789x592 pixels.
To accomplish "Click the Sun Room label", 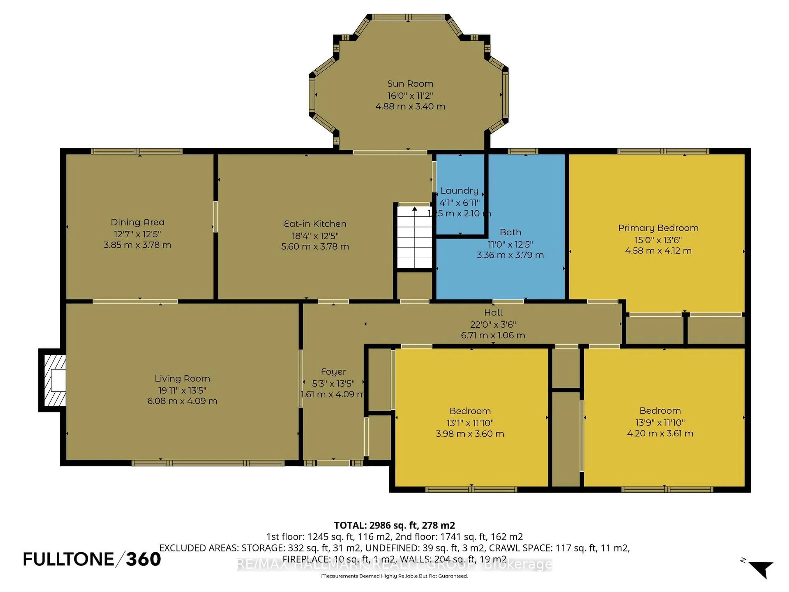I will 410,84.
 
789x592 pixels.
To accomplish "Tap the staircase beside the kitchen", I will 414,237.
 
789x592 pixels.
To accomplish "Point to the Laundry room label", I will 459,191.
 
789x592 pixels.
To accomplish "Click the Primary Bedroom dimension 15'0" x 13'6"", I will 658,240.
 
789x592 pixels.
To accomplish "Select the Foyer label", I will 333,372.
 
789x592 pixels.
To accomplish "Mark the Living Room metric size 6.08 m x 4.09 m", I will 182,401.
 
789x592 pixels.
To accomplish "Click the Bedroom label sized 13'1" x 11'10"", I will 470,411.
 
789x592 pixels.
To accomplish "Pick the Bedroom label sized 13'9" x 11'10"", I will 660,411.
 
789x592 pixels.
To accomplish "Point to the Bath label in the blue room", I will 510,232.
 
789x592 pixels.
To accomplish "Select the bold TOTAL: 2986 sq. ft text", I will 394,525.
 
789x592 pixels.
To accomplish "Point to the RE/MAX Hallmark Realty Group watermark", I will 394,565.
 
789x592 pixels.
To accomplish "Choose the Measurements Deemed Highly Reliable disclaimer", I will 394,576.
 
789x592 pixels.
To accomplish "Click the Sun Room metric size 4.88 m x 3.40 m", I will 410,106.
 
